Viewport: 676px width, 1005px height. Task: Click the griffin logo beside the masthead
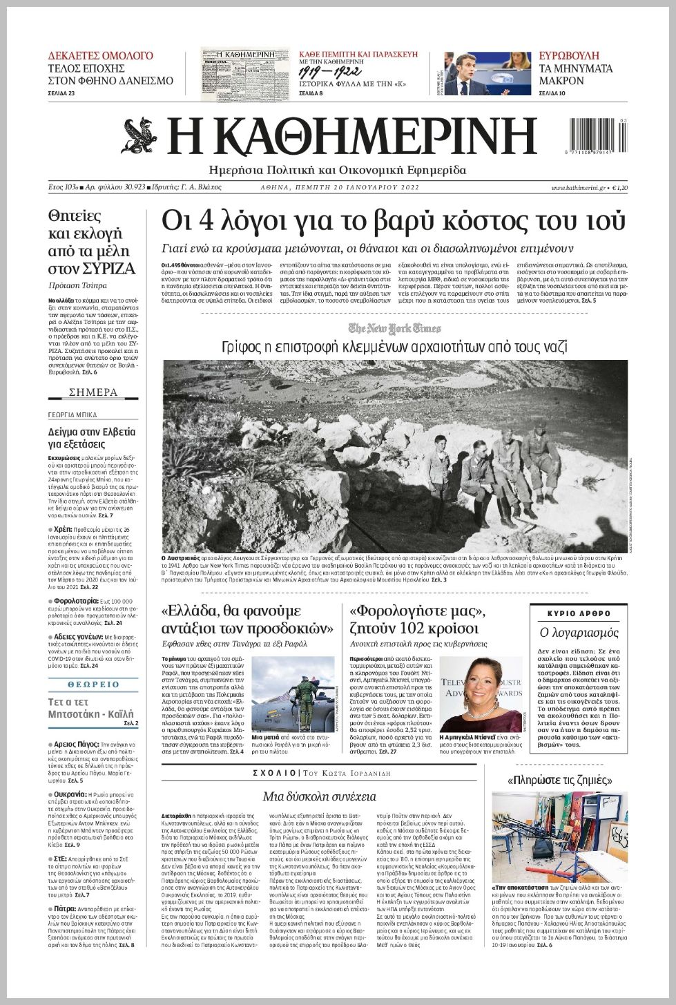point(139,135)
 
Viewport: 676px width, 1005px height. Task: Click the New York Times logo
point(394,328)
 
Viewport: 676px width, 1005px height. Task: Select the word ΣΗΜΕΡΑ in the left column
point(93,392)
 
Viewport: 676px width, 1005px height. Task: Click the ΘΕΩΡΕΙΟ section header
point(93,684)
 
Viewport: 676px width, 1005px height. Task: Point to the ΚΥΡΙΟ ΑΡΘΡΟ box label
point(579,613)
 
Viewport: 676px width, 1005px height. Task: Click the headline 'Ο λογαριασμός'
point(579,632)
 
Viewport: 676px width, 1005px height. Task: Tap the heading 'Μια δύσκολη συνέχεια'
point(319,796)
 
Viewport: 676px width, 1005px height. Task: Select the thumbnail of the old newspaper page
point(244,74)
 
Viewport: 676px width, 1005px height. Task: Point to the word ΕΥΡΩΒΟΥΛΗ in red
point(569,55)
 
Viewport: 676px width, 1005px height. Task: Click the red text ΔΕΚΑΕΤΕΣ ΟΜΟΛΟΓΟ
point(101,55)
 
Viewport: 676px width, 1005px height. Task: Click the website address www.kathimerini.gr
point(578,187)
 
